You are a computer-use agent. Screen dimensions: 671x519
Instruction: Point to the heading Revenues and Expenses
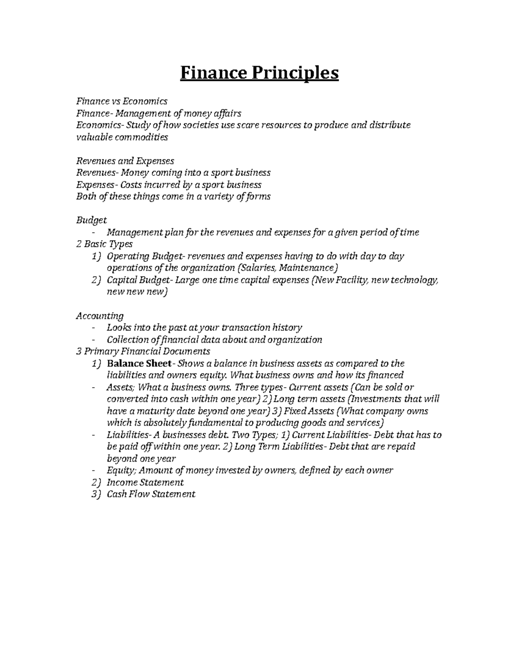(125, 161)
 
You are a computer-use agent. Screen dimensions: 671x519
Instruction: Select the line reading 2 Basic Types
(104, 244)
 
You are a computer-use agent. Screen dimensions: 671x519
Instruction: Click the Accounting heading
(100, 316)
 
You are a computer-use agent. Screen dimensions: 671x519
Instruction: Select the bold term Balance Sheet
(139, 363)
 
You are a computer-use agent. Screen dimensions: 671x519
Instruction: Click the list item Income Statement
(145, 482)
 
